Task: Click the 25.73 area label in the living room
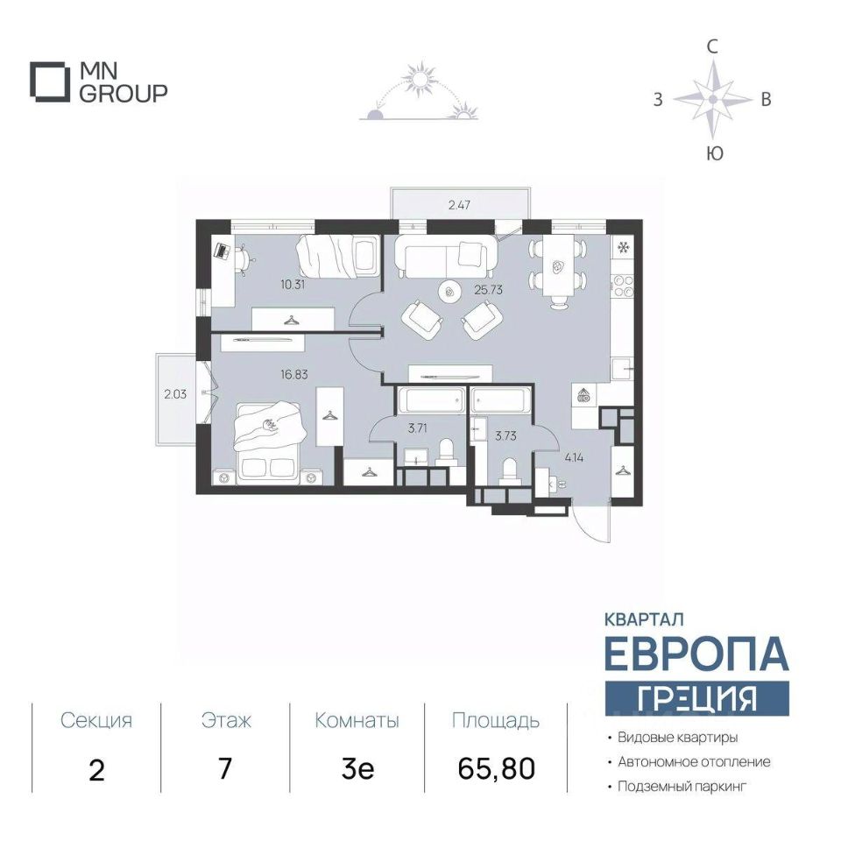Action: tap(488, 290)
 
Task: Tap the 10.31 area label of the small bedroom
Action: tap(293, 284)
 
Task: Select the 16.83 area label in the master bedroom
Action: tap(294, 374)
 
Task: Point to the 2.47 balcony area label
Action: tap(460, 204)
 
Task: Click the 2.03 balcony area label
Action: tap(175, 394)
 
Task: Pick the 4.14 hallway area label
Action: tap(574, 457)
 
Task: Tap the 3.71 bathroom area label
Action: tap(418, 428)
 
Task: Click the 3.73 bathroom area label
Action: tap(505, 435)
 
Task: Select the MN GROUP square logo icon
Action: tap(50, 82)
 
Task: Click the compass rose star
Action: tap(712, 99)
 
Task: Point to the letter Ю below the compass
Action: tap(715, 153)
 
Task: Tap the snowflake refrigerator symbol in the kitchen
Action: tap(624, 247)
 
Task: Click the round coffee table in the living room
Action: tap(449, 292)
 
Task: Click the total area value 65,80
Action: tap(497, 768)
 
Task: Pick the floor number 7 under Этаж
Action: tap(225, 768)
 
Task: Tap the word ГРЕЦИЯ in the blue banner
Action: tap(696, 698)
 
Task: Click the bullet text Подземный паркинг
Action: tap(682, 787)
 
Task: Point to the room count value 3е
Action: tap(357, 768)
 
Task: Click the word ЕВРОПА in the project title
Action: tap(696, 654)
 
